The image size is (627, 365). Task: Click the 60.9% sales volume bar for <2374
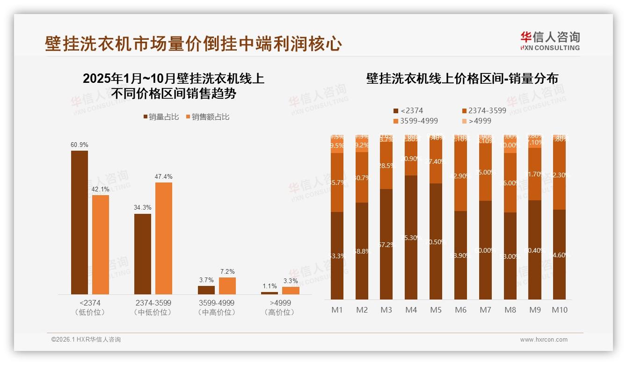coord(79,222)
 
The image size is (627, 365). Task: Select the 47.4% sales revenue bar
coord(164,238)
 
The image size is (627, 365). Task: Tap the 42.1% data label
coord(100,189)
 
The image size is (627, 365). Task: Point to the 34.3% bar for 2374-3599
coord(143,254)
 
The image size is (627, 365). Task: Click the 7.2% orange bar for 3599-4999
coord(227,286)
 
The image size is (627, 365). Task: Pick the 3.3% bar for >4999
coord(291,291)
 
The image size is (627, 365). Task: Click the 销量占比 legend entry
coord(161,117)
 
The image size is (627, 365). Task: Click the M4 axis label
coord(411,310)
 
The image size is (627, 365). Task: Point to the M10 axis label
coord(559,310)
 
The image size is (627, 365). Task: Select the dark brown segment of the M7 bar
coord(485,250)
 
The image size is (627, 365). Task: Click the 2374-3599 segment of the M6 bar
coord(460,176)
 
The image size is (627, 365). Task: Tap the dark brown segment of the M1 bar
coord(337,255)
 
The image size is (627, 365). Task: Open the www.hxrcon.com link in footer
coord(544,340)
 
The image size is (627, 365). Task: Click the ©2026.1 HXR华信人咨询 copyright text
coord(86,340)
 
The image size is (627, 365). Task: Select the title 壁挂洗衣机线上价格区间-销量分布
coord(462,79)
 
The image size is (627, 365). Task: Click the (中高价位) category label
coord(216,312)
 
